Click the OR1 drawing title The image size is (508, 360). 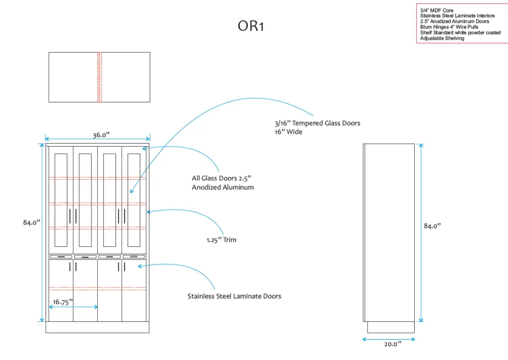[251, 26]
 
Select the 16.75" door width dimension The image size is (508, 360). [63, 301]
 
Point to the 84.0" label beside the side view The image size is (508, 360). [432, 226]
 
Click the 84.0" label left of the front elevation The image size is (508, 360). [31, 223]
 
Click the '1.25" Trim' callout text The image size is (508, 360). [222, 240]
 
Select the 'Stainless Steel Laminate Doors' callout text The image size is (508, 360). [234, 296]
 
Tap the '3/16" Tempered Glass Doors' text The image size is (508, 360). [317, 123]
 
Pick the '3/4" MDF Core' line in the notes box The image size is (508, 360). [437, 10]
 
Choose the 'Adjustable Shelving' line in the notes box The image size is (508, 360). [442, 38]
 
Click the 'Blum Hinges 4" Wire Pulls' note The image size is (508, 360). [449, 27]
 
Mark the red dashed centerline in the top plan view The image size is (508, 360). [99, 77]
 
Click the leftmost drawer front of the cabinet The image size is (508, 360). [61, 257]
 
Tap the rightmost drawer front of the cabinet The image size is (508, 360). [134, 257]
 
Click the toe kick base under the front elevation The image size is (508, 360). [97, 327]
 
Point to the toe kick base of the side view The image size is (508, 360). [390, 327]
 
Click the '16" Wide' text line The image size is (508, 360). [288, 132]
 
